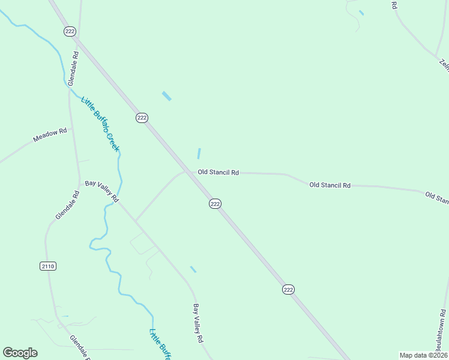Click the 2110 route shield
[49, 266]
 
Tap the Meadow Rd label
[50, 135]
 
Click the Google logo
[20, 353]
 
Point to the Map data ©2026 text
[423, 355]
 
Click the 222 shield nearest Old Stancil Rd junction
[215, 204]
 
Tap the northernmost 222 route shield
[69, 32]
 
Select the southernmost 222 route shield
[288, 290]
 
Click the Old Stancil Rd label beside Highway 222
[218, 172]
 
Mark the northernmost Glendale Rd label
[74, 67]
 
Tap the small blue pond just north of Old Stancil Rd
[199, 154]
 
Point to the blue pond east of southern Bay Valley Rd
[193, 269]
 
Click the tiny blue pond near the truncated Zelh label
[361, 13]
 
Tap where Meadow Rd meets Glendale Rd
[72, 128]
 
